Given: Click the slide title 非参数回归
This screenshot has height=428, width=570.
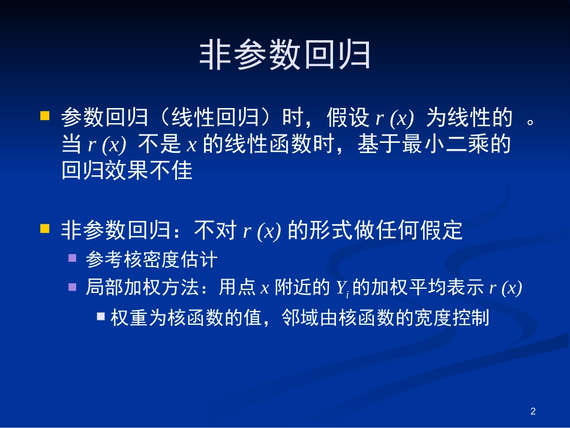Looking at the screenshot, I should tap(284, 56).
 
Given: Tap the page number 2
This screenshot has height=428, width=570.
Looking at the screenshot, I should tap(533, 411).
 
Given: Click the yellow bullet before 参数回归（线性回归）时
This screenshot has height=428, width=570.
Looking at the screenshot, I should tap(44, 114).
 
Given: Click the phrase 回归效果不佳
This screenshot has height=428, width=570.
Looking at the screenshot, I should tap(127, 171).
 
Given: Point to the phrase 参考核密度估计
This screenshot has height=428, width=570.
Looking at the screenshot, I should tap(151, 259).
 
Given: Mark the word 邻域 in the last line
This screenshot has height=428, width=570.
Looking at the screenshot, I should tap(301, 317).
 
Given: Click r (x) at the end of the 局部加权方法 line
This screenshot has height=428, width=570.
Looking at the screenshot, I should tap(506, 289).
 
